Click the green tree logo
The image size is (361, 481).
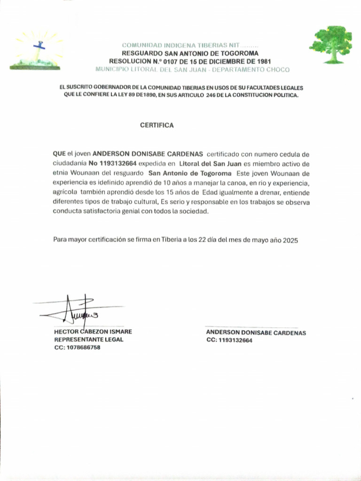point(334,44)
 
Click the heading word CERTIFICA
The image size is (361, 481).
point(157,125)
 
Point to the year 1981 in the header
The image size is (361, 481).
point(261,62)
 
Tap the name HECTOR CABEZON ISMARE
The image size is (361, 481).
point(93,332)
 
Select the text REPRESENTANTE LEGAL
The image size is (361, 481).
point(89,340)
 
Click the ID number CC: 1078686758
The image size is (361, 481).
point(78,348)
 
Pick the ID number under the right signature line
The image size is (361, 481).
point(229,341)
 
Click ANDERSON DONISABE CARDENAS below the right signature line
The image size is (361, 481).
point(256,333)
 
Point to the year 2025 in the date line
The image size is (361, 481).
point(290,240)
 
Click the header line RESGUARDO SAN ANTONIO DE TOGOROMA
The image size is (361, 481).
point(190,54)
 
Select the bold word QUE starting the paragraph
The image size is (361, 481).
point(59,154)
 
